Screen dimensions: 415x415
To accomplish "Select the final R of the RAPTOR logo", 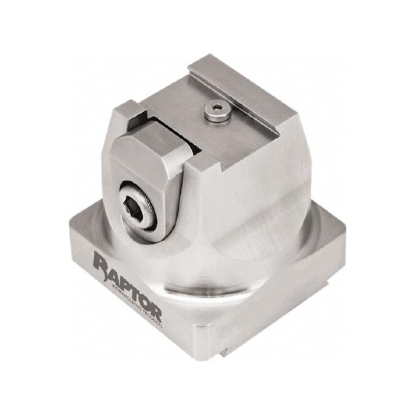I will [155, 311].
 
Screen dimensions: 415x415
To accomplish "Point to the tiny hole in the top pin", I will [217, 107].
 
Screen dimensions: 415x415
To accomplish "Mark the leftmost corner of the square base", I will [70, 228].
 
